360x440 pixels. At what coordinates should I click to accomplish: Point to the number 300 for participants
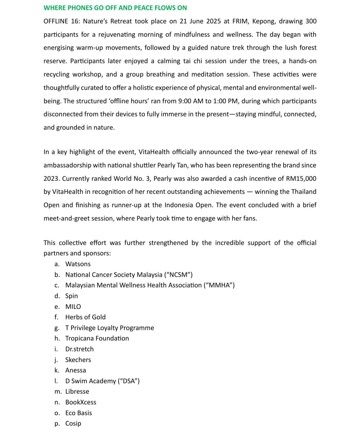click(311, 21)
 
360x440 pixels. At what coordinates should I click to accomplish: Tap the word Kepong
click(263, 21)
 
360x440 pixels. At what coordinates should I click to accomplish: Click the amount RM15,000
click(301, 178)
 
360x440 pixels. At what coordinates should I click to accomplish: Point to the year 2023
click(51, 178)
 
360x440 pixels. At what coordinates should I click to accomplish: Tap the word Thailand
click(304, 192)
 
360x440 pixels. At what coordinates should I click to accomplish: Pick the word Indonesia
click(179, 205)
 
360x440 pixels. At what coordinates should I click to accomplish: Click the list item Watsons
click(78, 264)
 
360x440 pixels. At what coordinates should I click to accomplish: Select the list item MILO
click(73, 307)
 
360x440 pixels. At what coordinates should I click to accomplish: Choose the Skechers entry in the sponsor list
click(78, 360)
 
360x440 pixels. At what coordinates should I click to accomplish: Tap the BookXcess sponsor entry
click(81, 402)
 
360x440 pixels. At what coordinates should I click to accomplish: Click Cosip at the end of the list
click(73, 423)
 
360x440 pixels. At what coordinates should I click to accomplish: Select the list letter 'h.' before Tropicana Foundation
click(57, 338)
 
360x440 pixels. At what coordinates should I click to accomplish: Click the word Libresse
click(77, 391)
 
